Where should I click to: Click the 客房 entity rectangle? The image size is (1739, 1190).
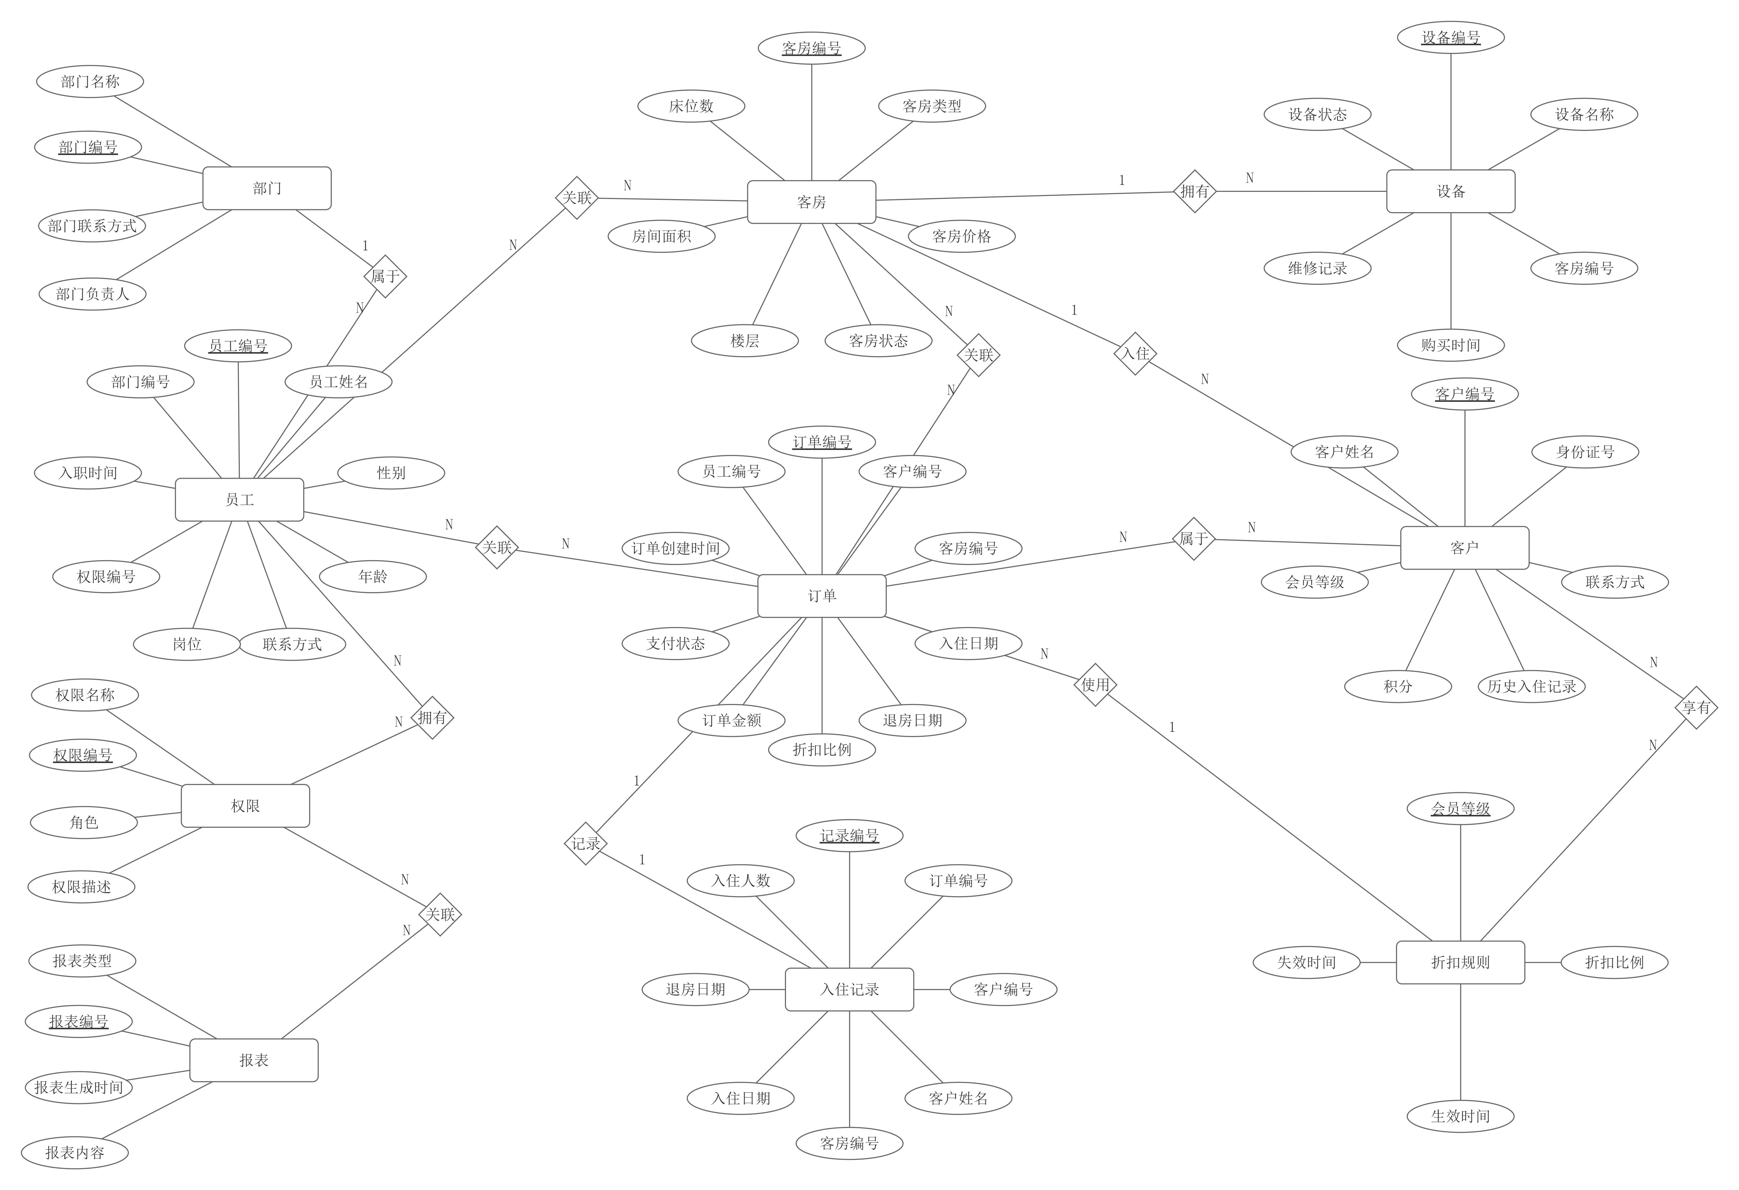tap(811, 202)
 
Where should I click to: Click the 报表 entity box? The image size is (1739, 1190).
tap(254, 1060)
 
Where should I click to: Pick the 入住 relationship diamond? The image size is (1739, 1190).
tap(1135, 353)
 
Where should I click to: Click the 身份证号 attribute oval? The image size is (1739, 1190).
tap(1585, 452)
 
